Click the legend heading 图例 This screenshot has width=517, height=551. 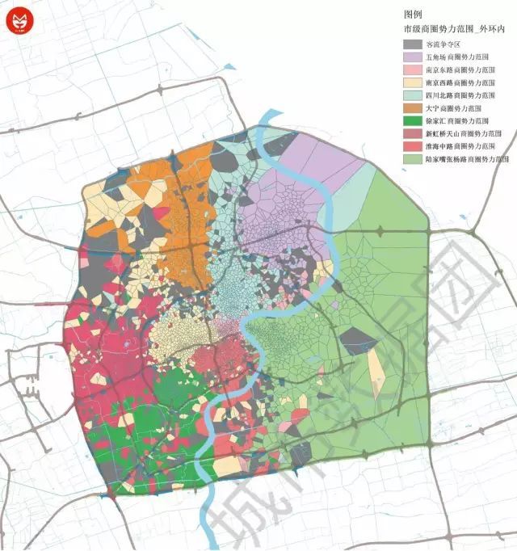coord(413,15)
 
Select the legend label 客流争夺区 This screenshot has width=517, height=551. coord(444,45)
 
